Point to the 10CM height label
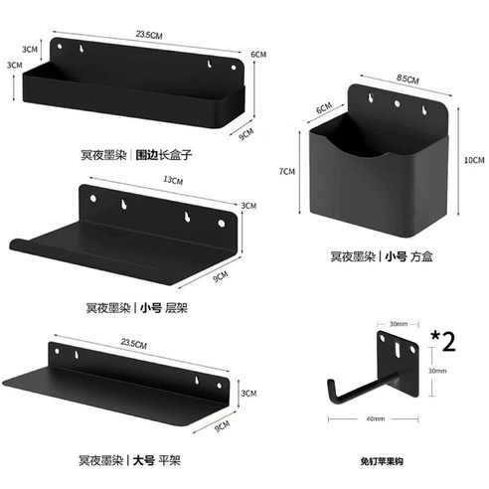pyautogui.click(x=474, y=160)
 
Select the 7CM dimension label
pyautogui.click(x=288, y=172)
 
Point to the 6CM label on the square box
pyautogui.click(x=323, y=108)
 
